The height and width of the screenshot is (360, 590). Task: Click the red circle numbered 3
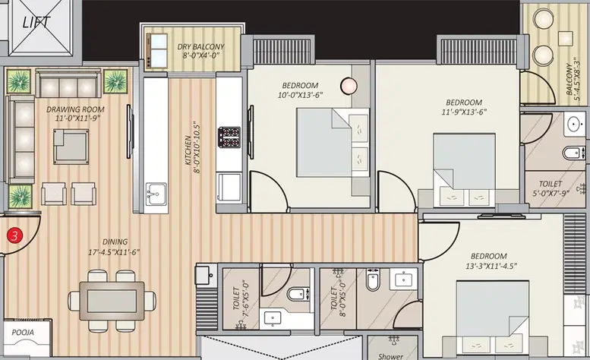pyautogui.click(x=14, y=236)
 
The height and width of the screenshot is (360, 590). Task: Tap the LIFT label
pyautogui.click(x=36, y=22)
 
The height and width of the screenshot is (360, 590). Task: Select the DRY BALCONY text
pyautogui.click(x=200, y=47)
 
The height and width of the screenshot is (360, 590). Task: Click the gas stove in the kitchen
pyautogui.click(x=229, y=137)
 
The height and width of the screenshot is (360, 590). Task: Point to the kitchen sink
pyautogui.click(x=156, y=194)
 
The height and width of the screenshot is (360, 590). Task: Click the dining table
pyautogui.click(x=112, y=301)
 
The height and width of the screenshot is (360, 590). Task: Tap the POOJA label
pyautogui.click(x=23, y=332)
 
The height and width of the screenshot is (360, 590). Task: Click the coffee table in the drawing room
pyautogui.click(x=71, y=147)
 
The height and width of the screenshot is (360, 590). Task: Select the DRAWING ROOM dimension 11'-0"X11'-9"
pyautogui.click(x=77, y=118)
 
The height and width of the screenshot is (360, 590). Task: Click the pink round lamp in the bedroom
pyautogui.click(x=349, y=86)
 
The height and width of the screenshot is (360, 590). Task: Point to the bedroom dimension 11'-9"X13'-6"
pyautogui.click(x=464, y=112)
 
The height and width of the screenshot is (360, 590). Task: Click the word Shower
pyautogui.click(x=390, y=356)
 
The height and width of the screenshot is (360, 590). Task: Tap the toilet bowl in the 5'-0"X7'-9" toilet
pyautogui.click(x=573, y=153)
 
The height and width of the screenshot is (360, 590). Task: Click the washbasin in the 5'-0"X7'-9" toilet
pyautogui.click(x=575, y=124)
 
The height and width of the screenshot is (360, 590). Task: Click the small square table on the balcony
pyautogui.click(x=565, y=39)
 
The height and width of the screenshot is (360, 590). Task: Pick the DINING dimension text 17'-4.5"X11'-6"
pyautogui.click(x=114, y=252)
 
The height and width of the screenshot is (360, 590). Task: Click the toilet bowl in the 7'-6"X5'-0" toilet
pyautogui.click(x=298, y=293)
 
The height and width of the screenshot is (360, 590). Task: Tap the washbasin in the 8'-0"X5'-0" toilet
pyautogui.click(x=403, y=279)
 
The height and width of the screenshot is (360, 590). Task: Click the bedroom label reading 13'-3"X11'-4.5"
pyautogui.click(x=491, y=266)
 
